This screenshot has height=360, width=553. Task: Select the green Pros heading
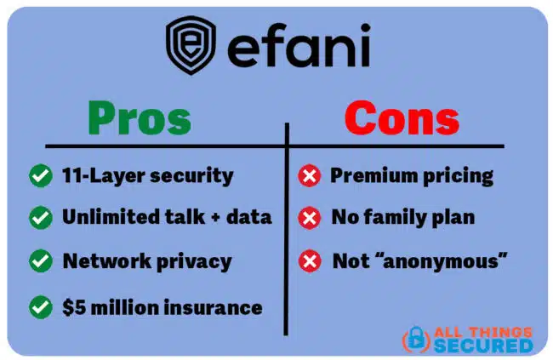[x=140, y=118]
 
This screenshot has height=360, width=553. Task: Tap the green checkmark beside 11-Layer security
[x=39, y=176]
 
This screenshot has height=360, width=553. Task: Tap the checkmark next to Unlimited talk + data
[x=39, y=217]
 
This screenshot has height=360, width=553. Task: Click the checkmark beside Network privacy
[x=39, y=260]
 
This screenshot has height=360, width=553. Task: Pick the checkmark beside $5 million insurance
[x=39, y=306]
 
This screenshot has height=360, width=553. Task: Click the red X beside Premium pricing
[x=309, y=176]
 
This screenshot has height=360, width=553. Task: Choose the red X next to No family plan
[x=309, y=218]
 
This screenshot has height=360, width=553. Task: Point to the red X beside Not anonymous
[x=309, y=261]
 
